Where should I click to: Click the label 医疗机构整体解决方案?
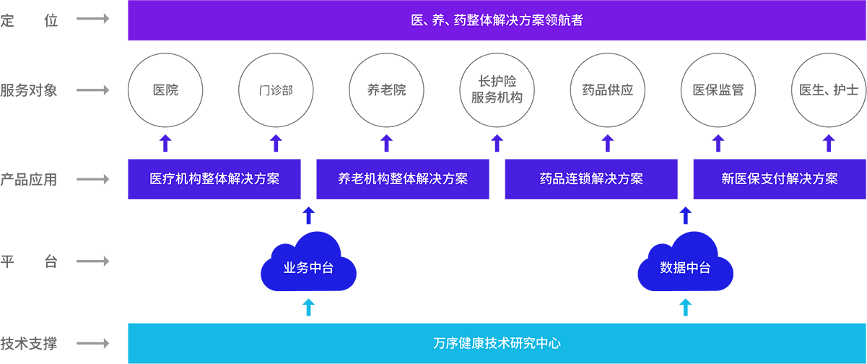[x=214, y=179]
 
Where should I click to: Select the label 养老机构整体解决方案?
[x=403, y=179]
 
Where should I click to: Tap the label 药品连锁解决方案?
[x=591, y=179]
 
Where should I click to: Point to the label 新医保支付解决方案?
[x=780, y=179]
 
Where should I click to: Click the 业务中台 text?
[x=308, y=268]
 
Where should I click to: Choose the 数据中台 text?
[x=685, y=268]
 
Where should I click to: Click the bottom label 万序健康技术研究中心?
[x=497, y=343]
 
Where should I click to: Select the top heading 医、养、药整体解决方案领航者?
[x=497, y=21]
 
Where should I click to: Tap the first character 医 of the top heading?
[x=417, y=21]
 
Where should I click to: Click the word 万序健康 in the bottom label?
[x=459, y=343]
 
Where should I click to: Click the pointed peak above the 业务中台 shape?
[x=309, y=204]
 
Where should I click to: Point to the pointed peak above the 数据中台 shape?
[x=686, y=204]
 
